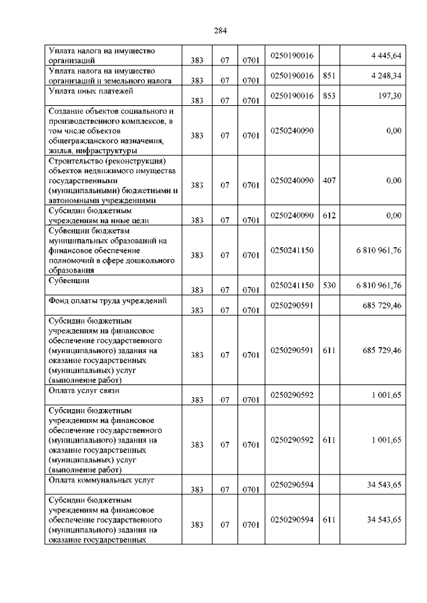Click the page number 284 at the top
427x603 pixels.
(x=220, y=29)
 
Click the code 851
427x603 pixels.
(x=328, y=76)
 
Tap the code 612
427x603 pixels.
(x=328, y=215)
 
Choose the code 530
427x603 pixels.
(x=328, y=285)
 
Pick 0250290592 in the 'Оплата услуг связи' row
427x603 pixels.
(x=292, y=395)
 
